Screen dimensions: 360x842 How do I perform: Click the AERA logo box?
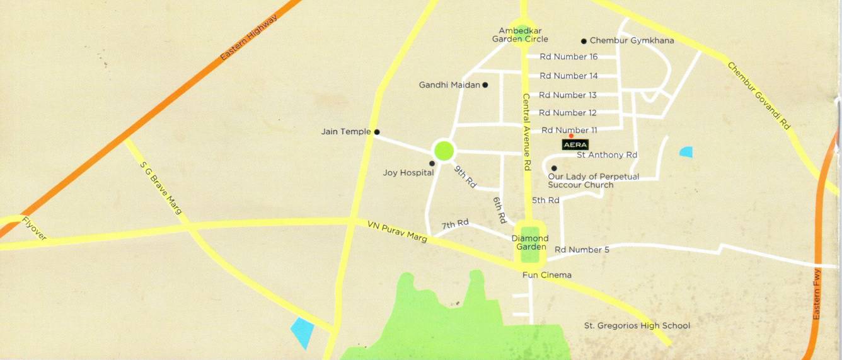575,144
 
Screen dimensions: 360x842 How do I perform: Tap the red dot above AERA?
571,136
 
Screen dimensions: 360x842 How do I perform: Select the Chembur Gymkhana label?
631,40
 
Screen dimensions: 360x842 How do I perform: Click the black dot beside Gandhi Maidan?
485,84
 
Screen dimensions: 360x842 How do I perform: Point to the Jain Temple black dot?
377,132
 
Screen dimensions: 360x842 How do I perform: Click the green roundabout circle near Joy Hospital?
444,151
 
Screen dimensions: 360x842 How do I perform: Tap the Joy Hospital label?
408,172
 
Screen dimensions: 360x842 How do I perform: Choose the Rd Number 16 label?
568,57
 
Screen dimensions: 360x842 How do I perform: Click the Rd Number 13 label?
567,95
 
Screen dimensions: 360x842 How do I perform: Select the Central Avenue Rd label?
528,132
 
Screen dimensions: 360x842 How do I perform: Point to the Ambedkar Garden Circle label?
520,35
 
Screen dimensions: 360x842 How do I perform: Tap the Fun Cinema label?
547,275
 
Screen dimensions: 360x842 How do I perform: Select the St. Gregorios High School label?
637,326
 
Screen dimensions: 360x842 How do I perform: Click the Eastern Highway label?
249,38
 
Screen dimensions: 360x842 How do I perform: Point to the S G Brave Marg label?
160,187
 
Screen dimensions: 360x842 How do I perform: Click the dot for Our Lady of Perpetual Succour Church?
553,168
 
